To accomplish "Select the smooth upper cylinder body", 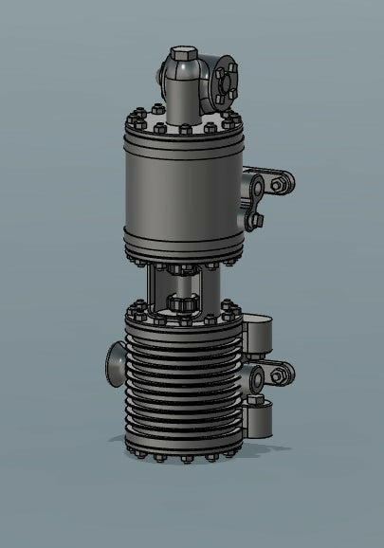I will tap(180, 190).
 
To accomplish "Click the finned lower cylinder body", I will tap(180, 389).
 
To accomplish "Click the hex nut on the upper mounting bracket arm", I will tap(277, 185).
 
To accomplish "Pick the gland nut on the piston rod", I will tap(181, 304).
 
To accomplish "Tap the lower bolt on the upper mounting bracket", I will tap(255, 220).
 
